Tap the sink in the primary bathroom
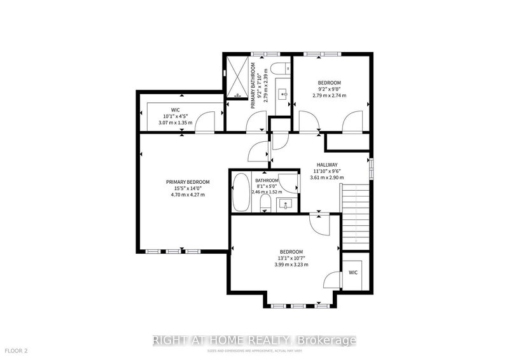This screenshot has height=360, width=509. [284, 94]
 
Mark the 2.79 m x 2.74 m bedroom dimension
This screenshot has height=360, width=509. [330, 96]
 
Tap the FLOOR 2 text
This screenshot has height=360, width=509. [17, 350]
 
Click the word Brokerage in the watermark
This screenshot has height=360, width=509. [332, 340]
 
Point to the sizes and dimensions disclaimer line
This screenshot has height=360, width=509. [254, 349]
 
